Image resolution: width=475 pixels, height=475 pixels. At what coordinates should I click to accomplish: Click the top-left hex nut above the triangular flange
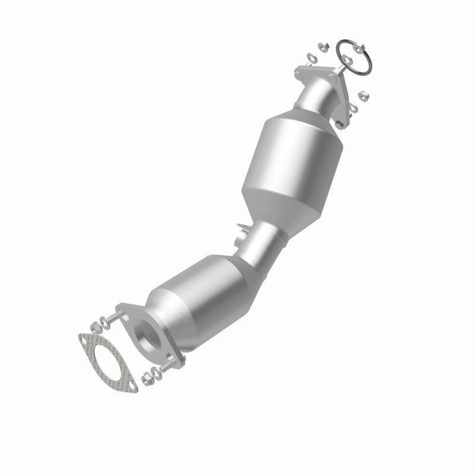pos(320,45)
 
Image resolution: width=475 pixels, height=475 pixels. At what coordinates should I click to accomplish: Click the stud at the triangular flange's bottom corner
pos(341,125)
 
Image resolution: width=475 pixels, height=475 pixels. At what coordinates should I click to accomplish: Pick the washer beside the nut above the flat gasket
pos(93,327)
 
